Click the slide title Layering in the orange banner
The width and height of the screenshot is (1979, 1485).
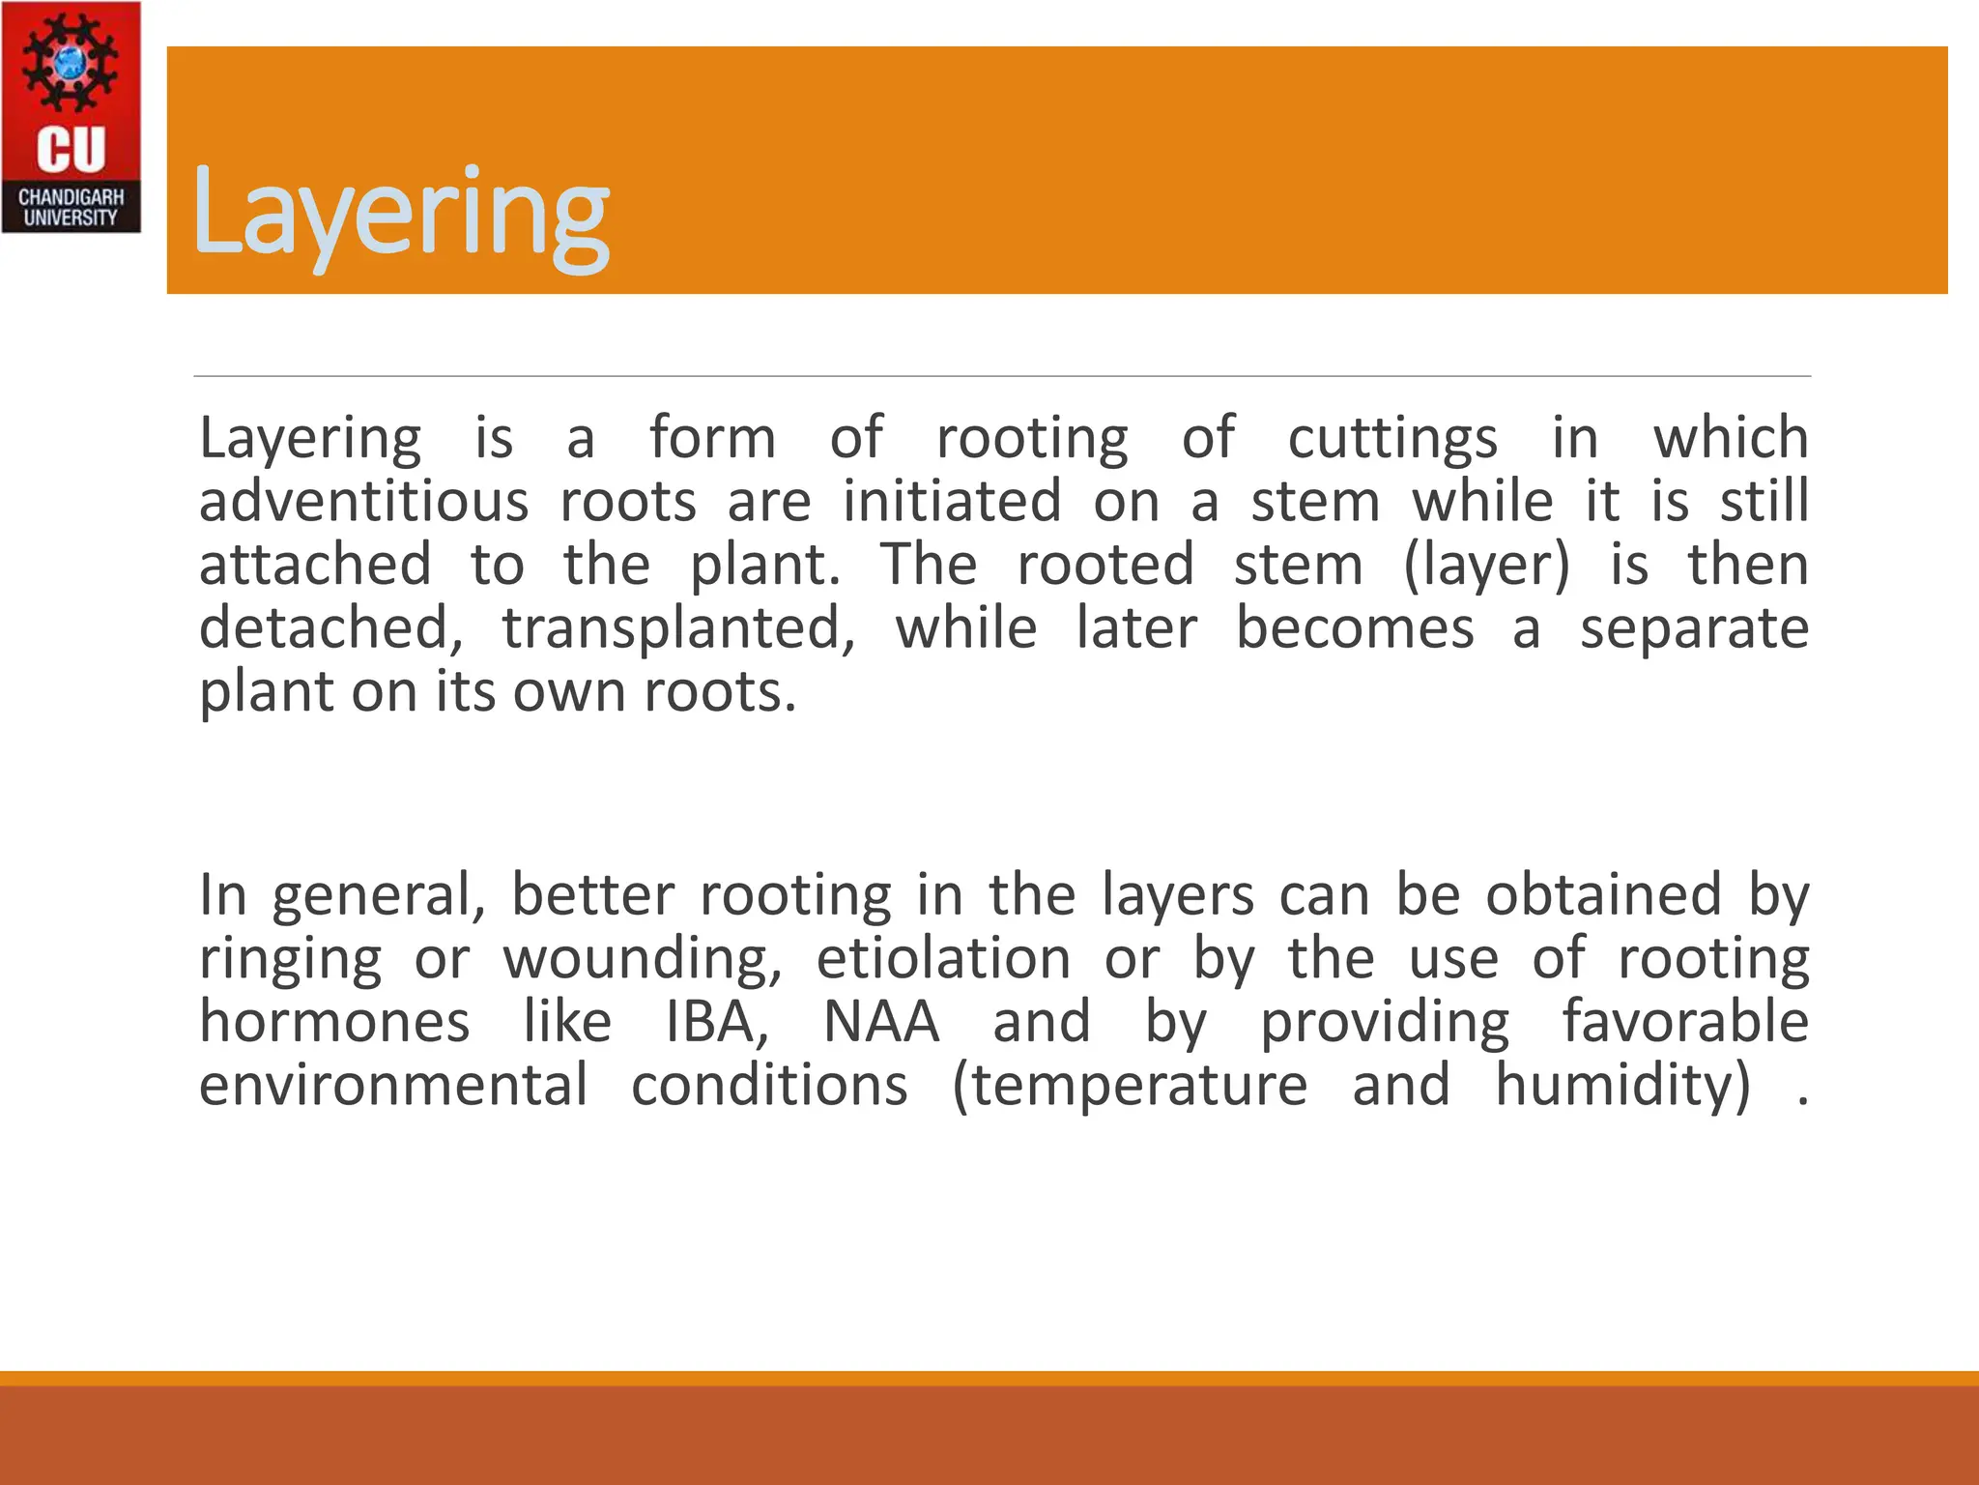coord(400,212)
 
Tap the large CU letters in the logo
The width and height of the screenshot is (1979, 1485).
coord(71,150)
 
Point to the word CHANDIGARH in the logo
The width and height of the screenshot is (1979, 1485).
coord(71,197)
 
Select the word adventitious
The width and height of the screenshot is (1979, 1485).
coord(363,502)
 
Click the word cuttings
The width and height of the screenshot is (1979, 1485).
coord(1392,439)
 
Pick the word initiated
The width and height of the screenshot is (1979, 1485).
coord(952,502)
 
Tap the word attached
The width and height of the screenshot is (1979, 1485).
coord(315,565)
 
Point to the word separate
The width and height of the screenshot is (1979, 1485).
coord(1694,628)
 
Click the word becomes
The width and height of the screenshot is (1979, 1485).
coord(1355,628)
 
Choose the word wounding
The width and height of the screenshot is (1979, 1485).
coord(643,959)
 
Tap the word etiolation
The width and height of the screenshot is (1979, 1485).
coord(943,959)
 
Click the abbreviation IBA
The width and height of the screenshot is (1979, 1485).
coord(716,1022)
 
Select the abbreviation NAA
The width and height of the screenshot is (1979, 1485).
coord(881,1022)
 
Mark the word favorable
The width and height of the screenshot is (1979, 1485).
coord(1685,1022)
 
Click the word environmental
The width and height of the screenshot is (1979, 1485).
coord(393,1085)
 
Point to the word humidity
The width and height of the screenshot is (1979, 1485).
coord(1622,1085)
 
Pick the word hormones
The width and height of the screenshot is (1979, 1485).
coord(334,1022)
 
